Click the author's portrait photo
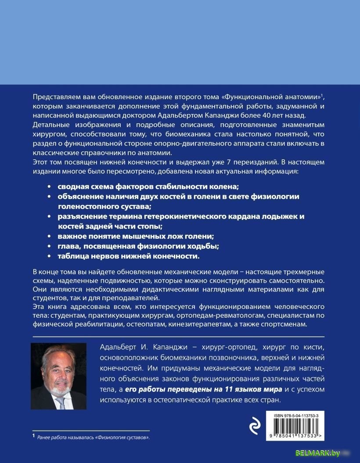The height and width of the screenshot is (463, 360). (59, 376)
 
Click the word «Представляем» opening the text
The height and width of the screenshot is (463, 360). (55, 96)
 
